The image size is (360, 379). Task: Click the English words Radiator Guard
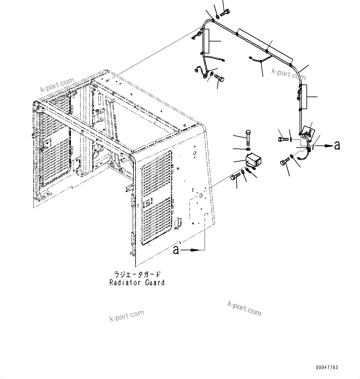click(137, 282)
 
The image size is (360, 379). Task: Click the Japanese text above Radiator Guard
click(137, 274)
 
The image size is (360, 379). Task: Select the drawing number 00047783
click(327, 368)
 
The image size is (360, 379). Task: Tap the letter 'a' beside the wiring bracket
click(337, 145)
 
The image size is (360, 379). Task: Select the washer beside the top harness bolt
click(217, 16)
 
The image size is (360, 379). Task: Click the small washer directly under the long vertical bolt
click(248, 149)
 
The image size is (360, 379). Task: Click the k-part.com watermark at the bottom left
click(127, 315)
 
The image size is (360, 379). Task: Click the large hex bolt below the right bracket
click(284, 162)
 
